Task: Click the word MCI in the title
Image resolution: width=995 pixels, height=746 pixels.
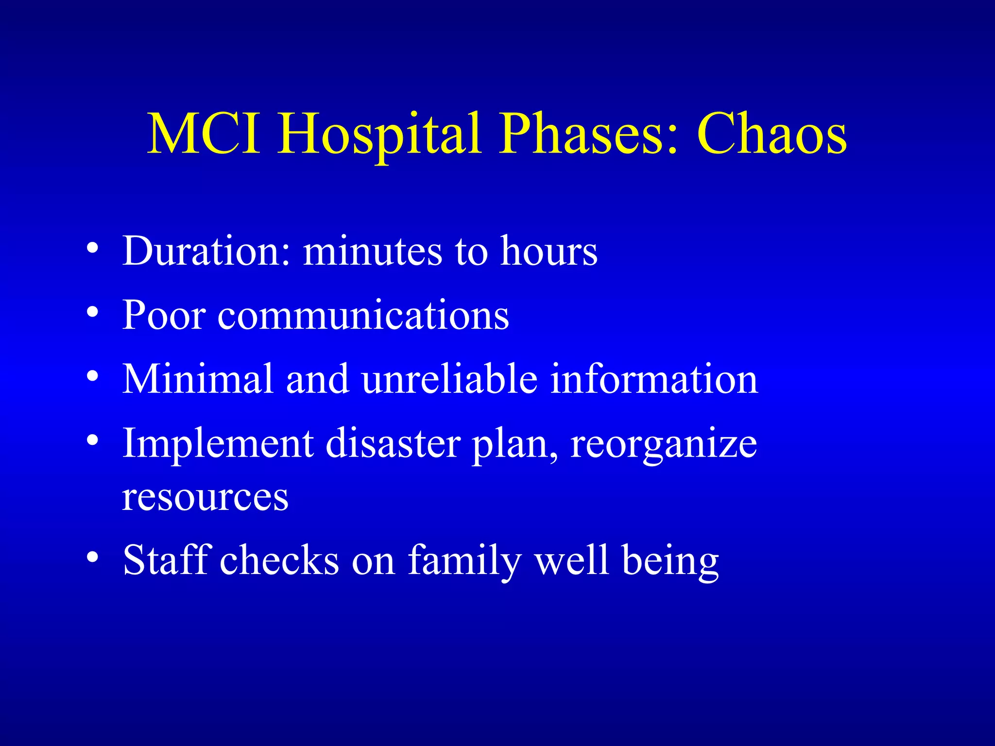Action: click(x=204, y=134)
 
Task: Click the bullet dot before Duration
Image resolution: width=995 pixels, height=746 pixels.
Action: click(x=93, y=249)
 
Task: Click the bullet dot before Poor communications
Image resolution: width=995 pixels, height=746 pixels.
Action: click(x=93, y=312)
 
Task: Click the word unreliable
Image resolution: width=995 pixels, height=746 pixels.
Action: click(x=449, y=379)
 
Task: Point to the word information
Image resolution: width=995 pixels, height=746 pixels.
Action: click(x=654, y=379)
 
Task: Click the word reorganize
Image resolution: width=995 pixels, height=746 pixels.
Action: click(x=664, y=444)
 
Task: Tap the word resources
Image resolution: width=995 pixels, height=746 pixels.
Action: click(x=205, y=498)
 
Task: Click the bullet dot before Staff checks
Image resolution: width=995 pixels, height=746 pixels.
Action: click(x=93, y=557)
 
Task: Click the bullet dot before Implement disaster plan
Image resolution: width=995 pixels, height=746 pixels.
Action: click(x=93, y=440)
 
